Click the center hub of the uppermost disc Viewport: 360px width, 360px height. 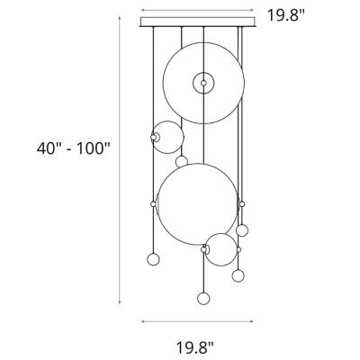pyautogui.click(x=204, y=83)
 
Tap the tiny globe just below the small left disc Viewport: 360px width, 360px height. pyautogui.click(x=182, y=162)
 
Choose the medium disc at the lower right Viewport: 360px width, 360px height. pyautogui.click(x=220, y=249)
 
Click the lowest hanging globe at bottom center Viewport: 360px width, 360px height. pyautogui.click(x=202, y=297)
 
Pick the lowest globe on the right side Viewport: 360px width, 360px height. pyautogui.click(x=238, y=274)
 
